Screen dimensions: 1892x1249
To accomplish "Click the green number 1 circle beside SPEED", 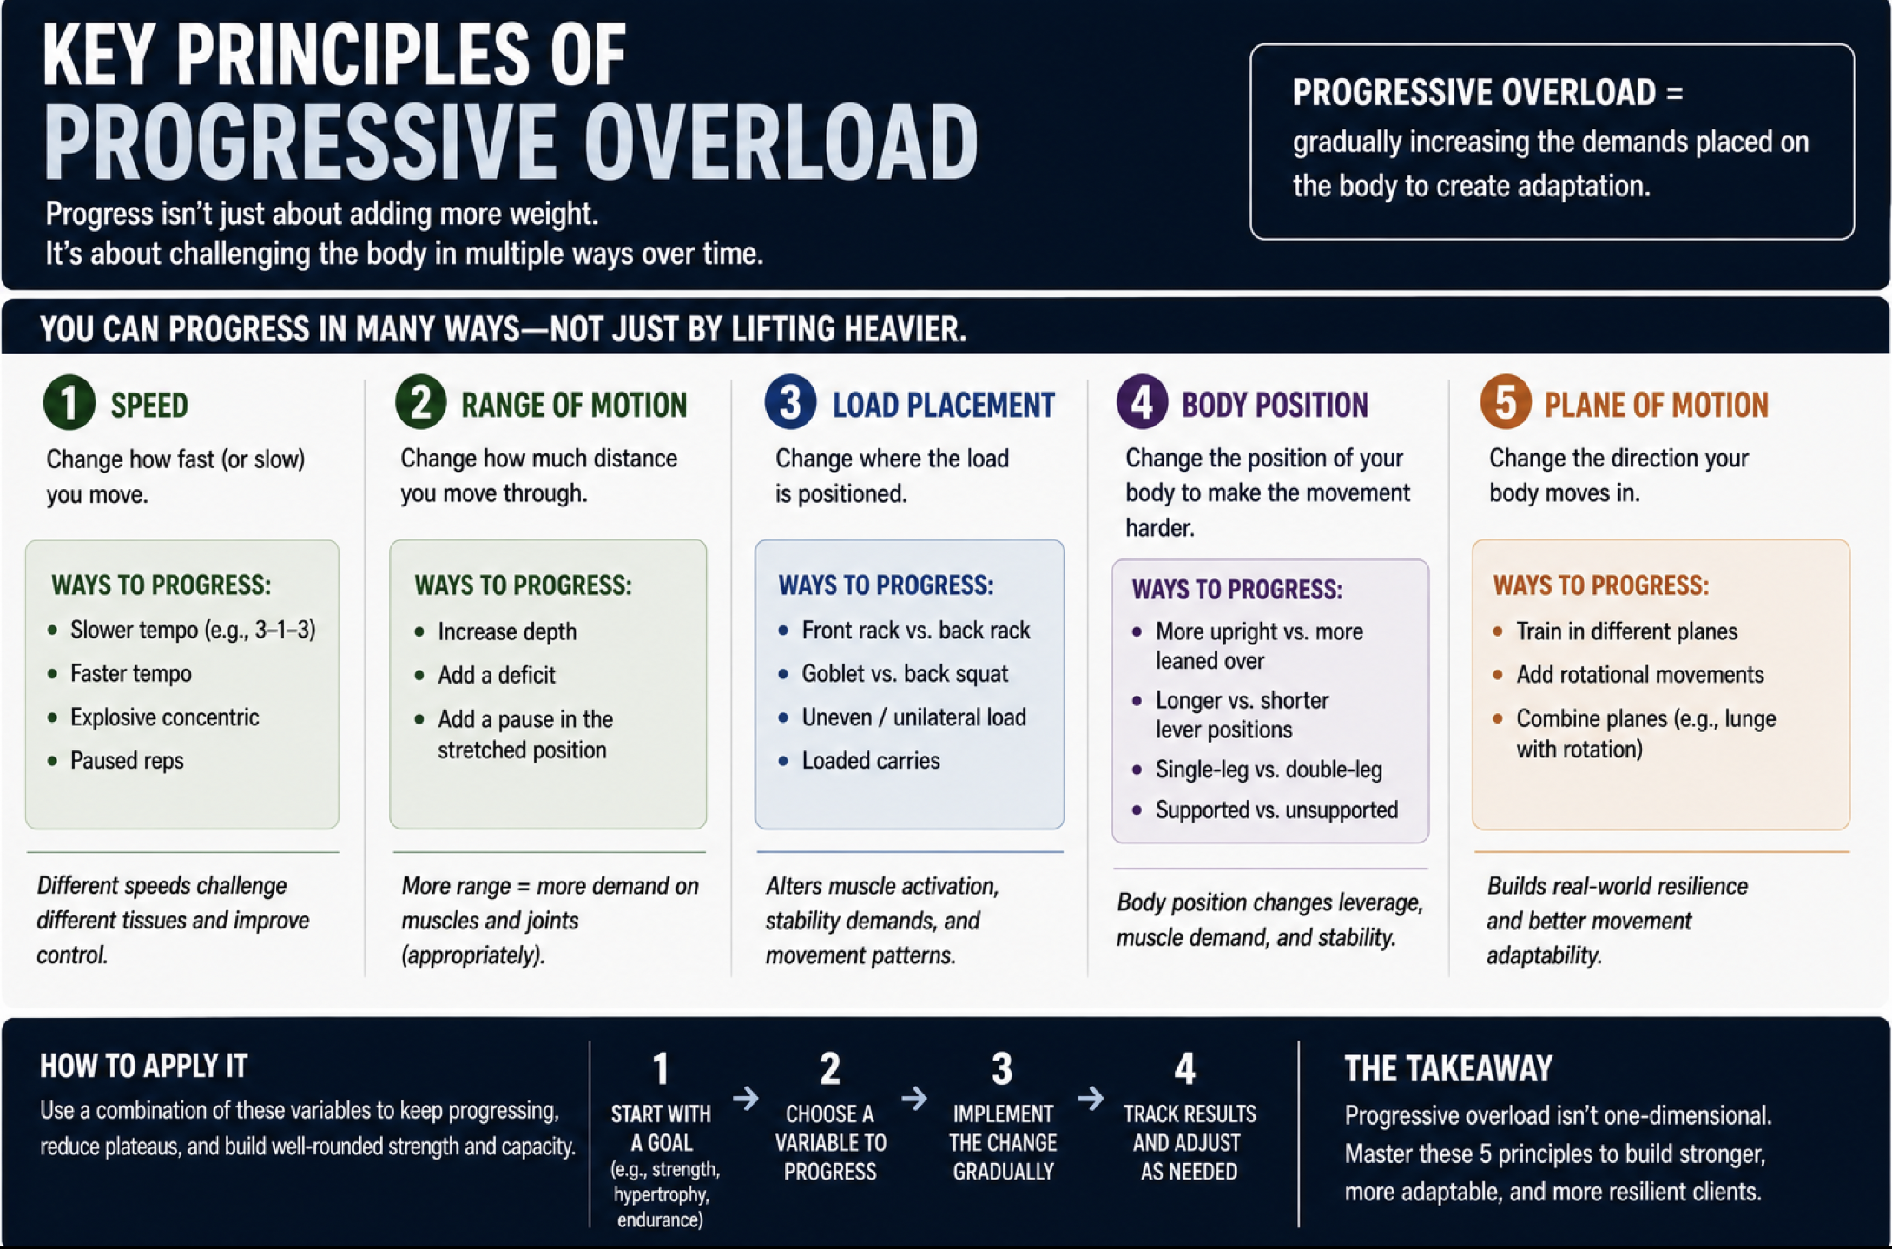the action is [69, 403].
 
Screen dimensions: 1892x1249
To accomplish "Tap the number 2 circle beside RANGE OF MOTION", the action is [421, 403].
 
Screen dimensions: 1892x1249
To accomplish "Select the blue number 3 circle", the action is [790, 402].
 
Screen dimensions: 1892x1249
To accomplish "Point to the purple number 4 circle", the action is [1142, 402].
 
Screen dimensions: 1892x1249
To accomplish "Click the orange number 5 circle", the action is [1506, 402].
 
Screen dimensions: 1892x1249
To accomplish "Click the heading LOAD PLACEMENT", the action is [944, 406].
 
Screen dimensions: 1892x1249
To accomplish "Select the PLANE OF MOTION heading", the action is [1656, 406].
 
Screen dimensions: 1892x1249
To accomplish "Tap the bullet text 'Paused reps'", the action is [127, 761].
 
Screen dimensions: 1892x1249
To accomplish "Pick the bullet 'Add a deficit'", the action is [497, 675].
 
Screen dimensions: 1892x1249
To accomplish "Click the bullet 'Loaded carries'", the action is [871, 761].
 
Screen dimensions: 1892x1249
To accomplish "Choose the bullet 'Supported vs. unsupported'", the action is [1276, 810].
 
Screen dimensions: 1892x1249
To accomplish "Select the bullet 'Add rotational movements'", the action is [1640, 675].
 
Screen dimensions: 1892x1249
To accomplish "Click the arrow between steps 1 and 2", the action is [745, 1099].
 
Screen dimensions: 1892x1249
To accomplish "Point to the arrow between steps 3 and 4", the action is [1091, 1099].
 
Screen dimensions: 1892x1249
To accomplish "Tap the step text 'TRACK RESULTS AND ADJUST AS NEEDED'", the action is [1189, 1143].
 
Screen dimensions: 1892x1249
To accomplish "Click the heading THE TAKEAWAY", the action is [1448, 1069].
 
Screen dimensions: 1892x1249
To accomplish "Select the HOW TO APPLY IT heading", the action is [144, 1066].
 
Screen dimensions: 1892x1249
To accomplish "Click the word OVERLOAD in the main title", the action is [781, 142].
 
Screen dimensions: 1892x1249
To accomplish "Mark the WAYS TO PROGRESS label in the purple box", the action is [1237, 590].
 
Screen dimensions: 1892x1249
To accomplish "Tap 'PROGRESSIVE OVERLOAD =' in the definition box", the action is [1487, 93].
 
